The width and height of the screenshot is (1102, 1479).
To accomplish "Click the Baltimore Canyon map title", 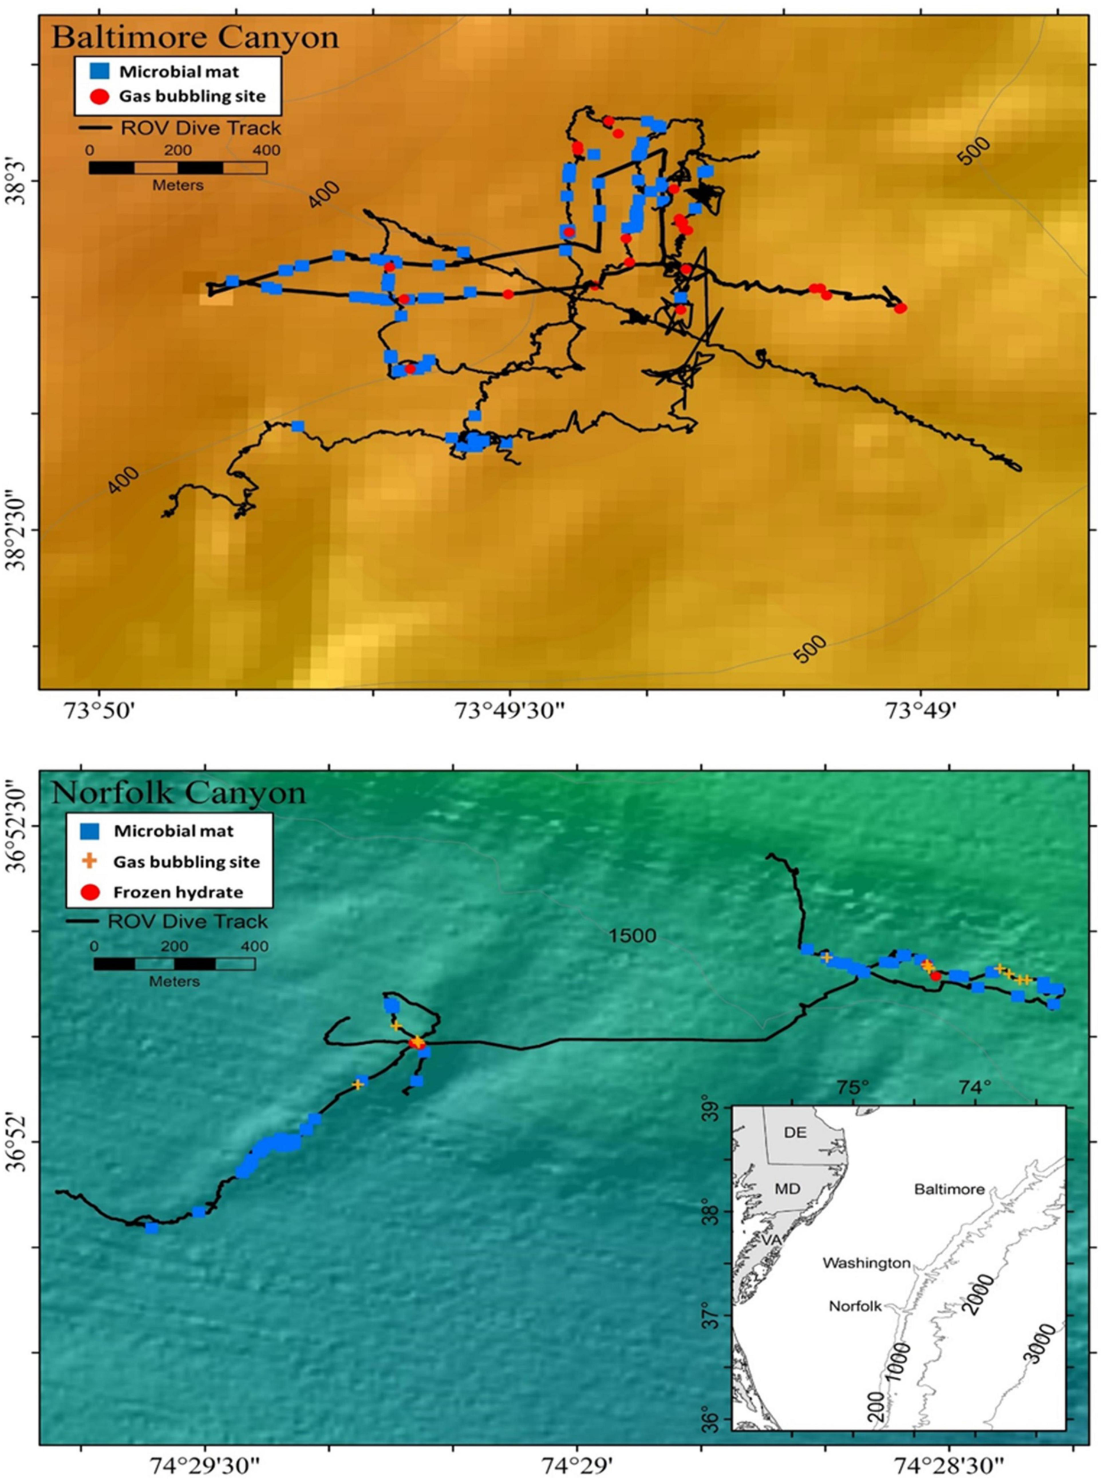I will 195,37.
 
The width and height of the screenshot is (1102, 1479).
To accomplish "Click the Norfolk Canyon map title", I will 178,792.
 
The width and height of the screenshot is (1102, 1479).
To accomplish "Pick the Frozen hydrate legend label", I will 178,892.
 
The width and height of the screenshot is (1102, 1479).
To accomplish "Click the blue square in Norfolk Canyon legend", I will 89,831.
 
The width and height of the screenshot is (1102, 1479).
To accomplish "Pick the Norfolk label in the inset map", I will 855,1306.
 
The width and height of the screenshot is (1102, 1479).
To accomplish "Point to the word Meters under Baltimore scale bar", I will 177,185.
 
